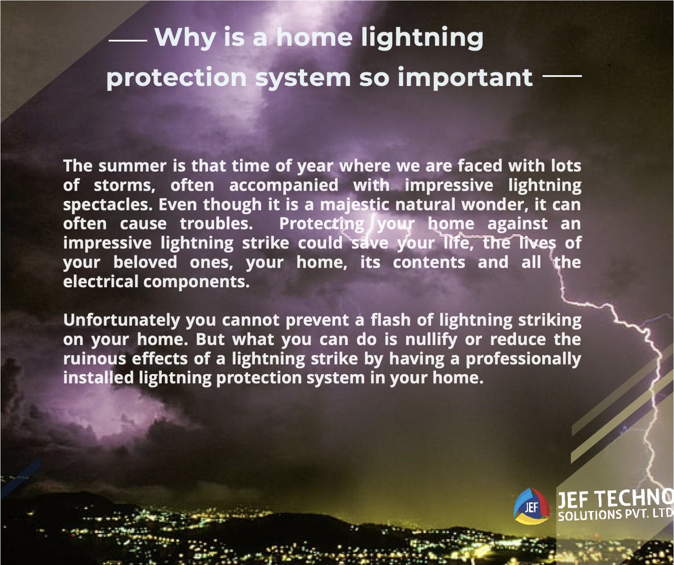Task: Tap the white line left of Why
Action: pos(127,41)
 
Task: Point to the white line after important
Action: pos(563,75)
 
